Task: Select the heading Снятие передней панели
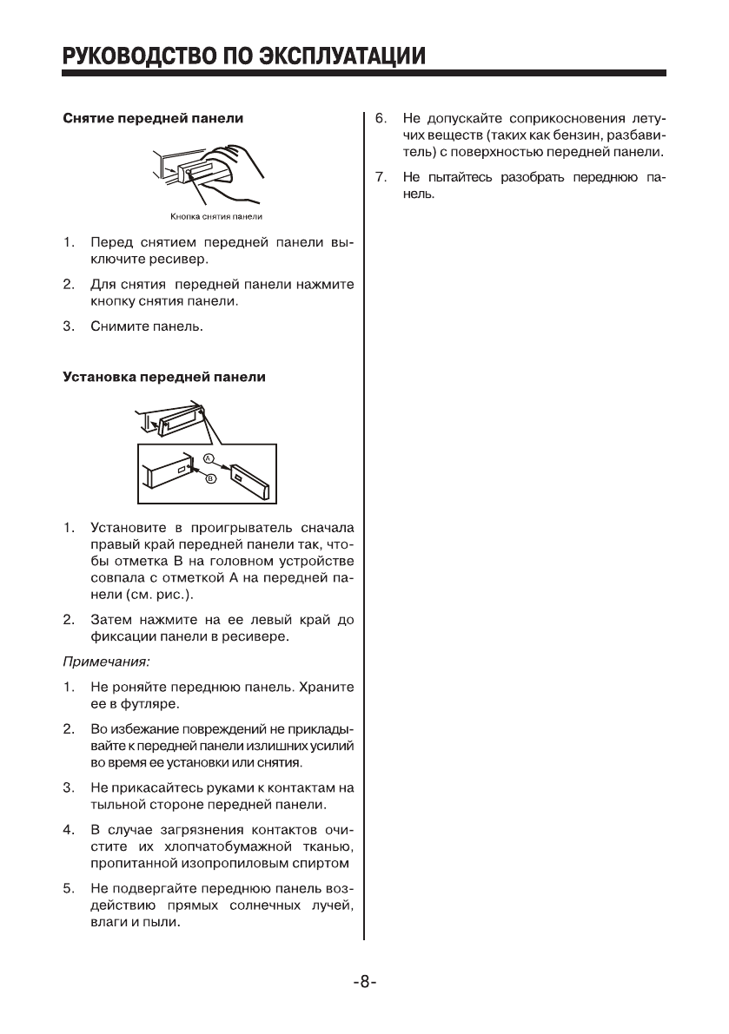(152, 117)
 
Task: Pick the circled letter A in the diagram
(209, 458)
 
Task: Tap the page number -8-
(365, 982)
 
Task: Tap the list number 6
(380, 117)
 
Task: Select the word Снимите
(118, 326)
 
